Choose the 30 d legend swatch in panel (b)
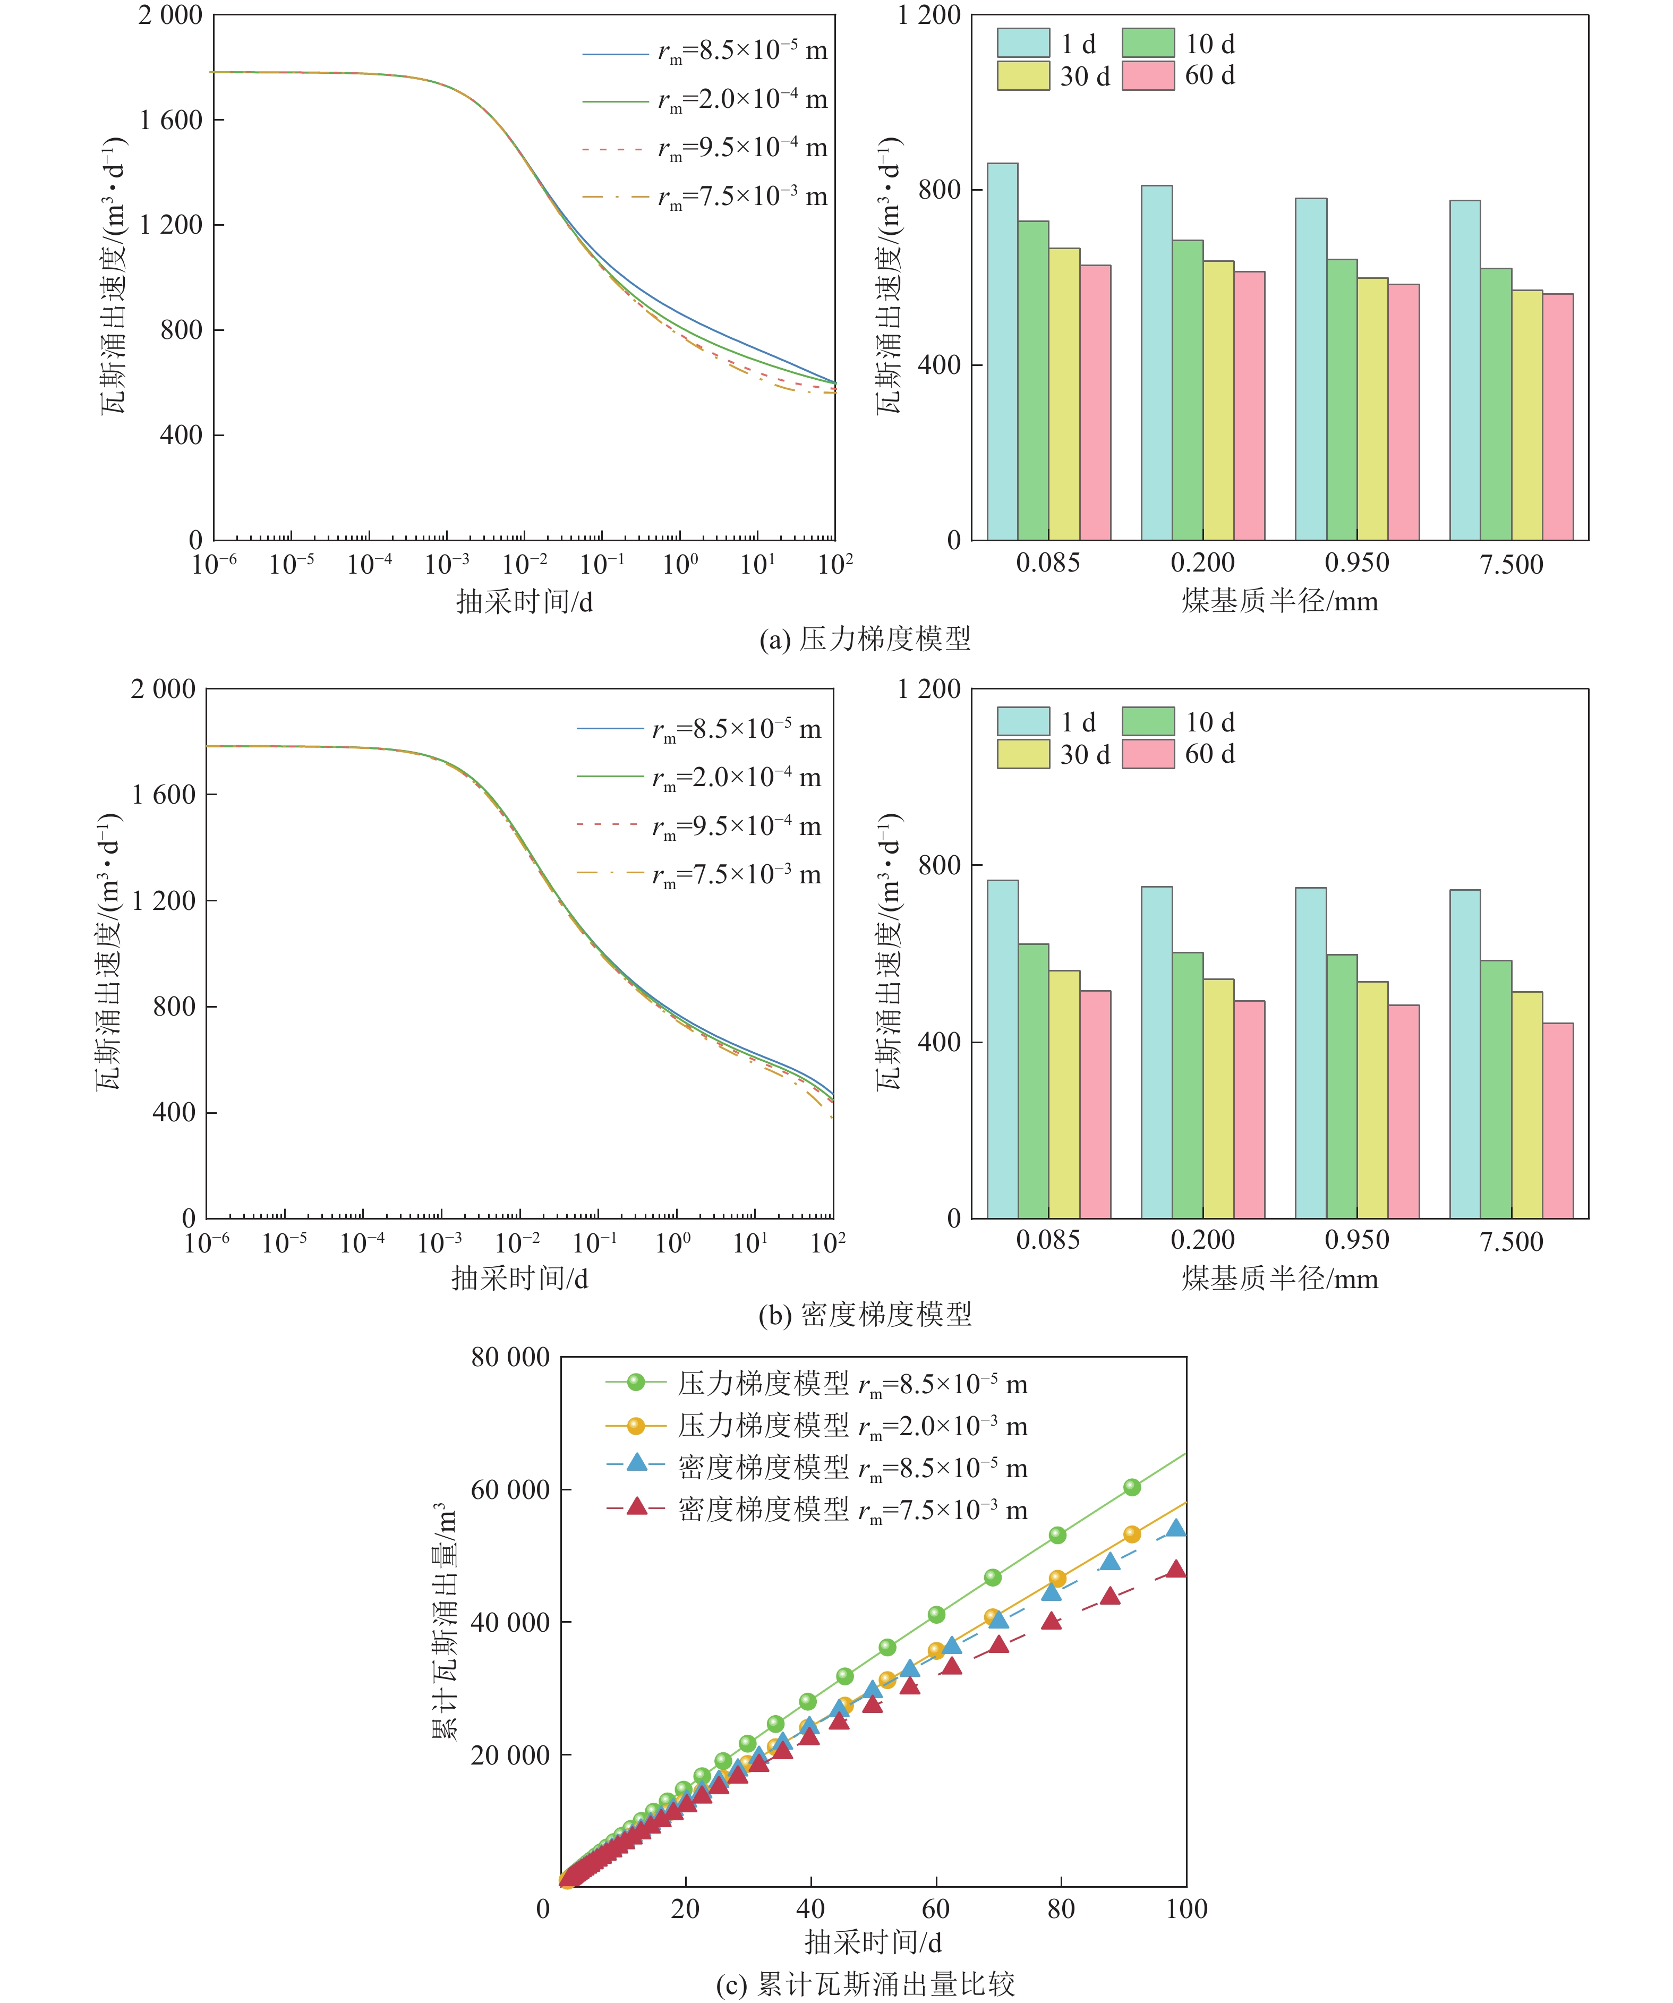tap(1022, 754)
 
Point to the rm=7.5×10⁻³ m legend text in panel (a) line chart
tap(742, 197)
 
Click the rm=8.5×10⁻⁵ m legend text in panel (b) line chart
tap(736, 730)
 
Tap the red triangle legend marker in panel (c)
tap(636, 1507)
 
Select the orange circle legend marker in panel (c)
tap(636, 1426)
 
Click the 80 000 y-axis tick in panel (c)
tap(510, 1357)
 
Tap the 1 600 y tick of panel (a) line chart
tap(170, 120)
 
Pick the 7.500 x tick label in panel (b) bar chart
tap(1511, 1241)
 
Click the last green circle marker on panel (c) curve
tap(1131, 1487)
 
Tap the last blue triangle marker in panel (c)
tap(1176, 1528)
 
